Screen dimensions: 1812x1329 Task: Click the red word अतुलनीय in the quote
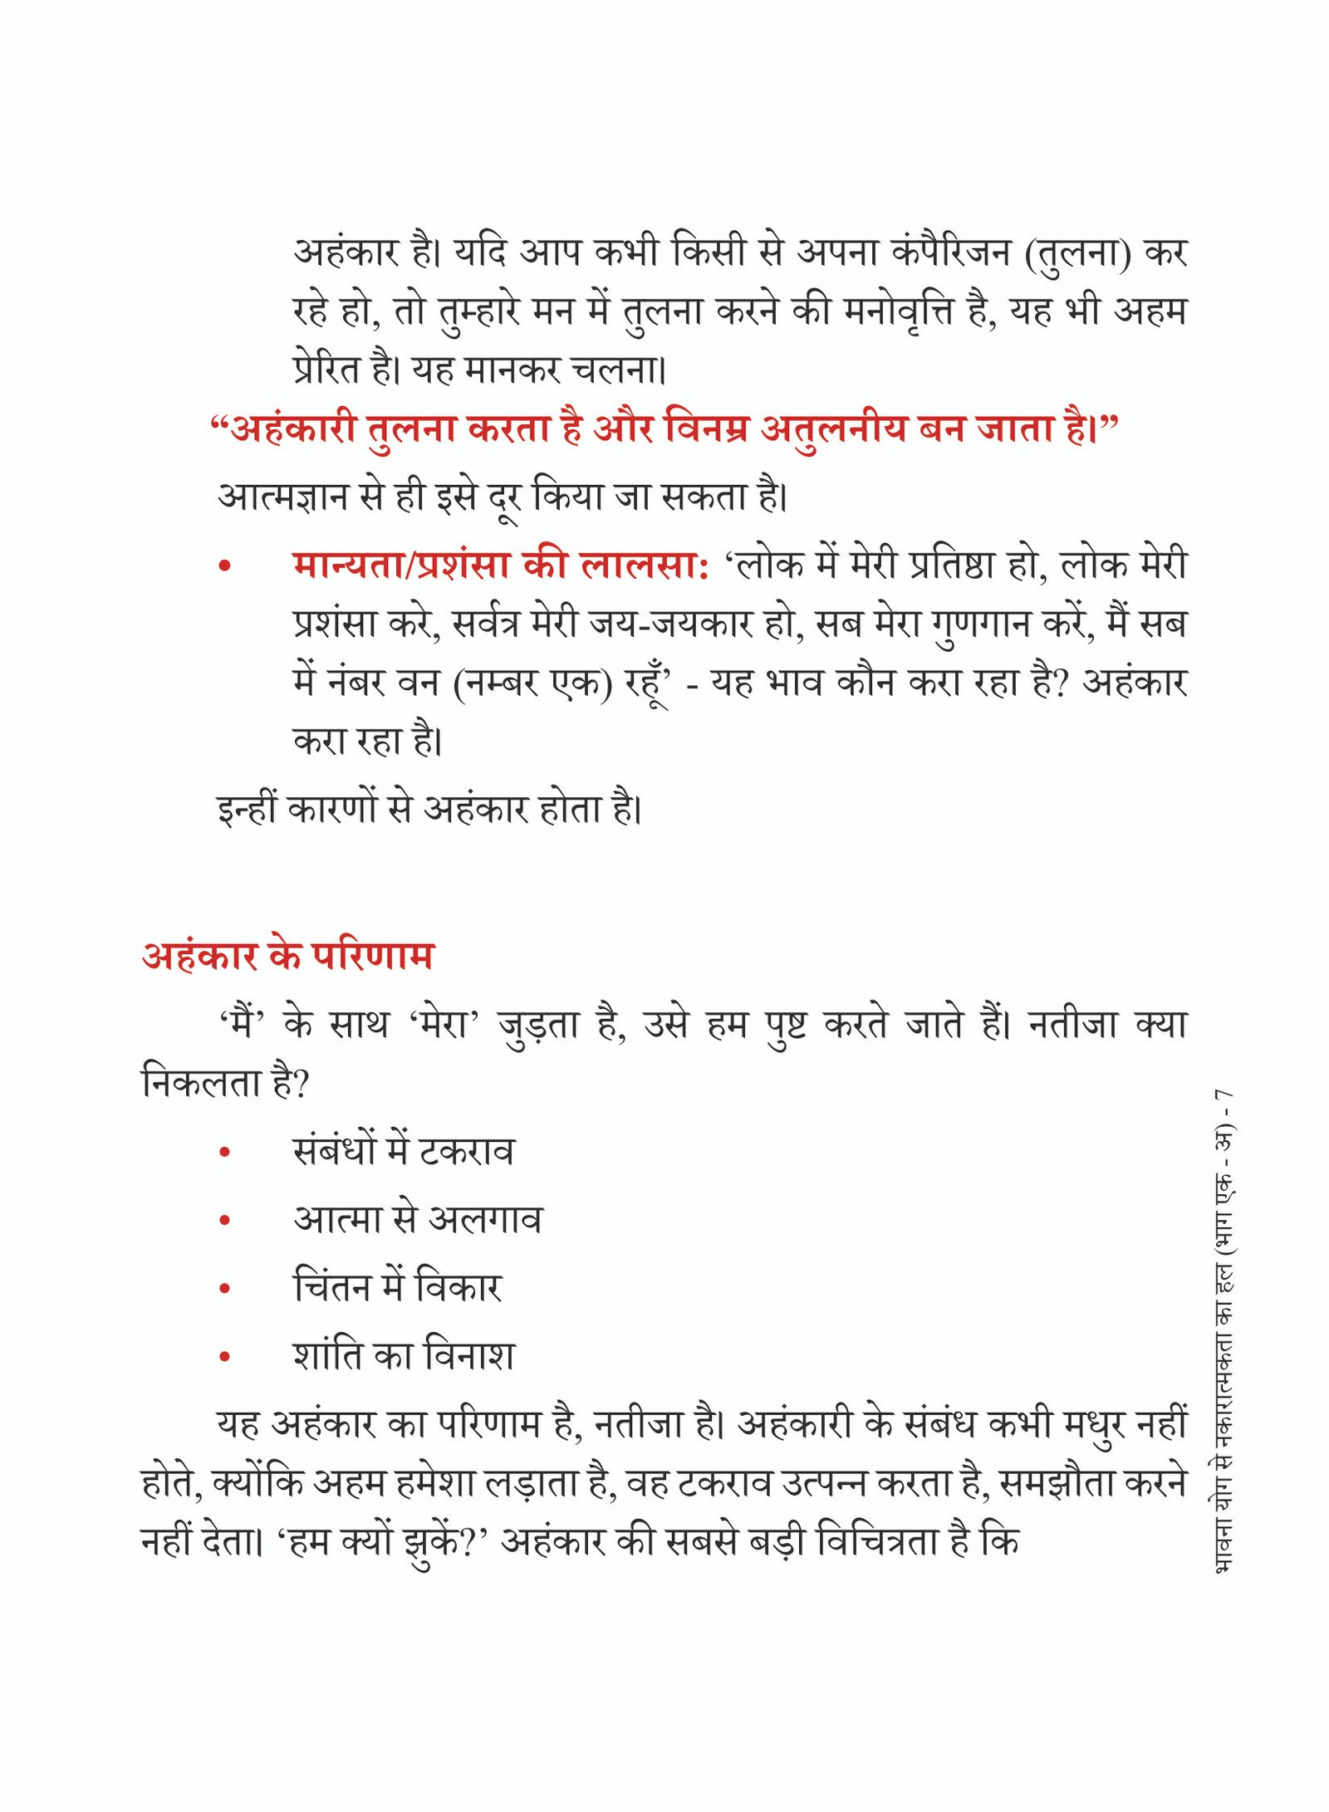coord(833,430)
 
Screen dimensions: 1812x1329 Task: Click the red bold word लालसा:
coord(644,566)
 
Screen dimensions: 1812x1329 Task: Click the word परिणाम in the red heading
coord(373,956)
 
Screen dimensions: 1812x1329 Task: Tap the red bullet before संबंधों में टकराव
coord(224,1153)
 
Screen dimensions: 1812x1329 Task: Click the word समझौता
coord(1052,1484)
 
